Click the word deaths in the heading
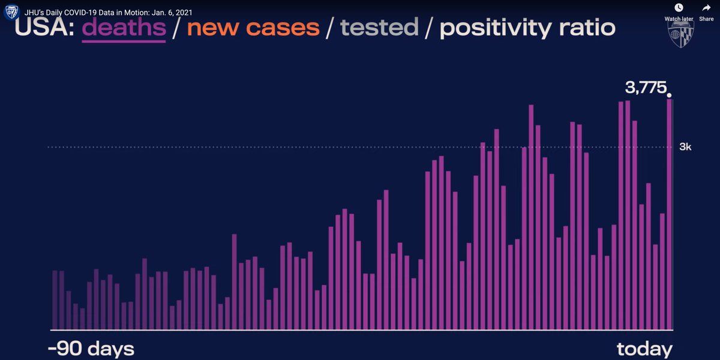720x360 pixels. [124, 28]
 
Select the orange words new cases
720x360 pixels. [253, 28]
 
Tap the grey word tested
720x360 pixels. [379, 28]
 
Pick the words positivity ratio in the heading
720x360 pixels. [527, 29]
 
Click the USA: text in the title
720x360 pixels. [44, 28]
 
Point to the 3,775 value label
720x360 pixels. [646, 88]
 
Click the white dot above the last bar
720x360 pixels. [669, 95]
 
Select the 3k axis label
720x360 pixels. [685, 147]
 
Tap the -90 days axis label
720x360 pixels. [91, 349]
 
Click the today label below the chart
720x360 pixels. [644, 349]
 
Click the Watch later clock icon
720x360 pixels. [679, 8]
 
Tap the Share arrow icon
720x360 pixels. [706, 8]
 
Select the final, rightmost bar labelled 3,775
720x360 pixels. [669, 214]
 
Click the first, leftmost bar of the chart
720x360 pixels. [55, 300]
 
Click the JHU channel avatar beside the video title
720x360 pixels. [12, 12]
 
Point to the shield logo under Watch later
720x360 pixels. [680, 34]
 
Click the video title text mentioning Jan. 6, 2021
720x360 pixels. [109, 13]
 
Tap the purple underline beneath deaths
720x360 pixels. [124, 41]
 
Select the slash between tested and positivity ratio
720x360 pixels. [429, 29]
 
